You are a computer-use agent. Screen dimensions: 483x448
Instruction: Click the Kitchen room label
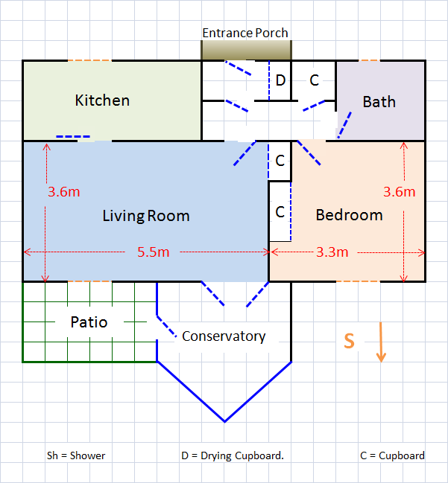point(102,100)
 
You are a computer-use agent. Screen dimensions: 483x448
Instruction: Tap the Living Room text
point(145,217)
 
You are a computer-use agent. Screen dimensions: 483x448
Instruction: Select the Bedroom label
point(349,215)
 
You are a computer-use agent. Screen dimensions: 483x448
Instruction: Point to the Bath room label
point(379,102)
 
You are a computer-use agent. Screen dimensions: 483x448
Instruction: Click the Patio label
point(89,322)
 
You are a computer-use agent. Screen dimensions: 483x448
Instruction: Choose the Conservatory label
point(224,336)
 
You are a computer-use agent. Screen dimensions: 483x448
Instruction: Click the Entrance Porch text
point(245,33)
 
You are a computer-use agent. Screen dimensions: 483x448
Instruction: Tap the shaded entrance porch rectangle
point(246,50)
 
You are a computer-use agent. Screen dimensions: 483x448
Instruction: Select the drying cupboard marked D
point(280,80)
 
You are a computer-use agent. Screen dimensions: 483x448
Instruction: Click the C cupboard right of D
point(314,80)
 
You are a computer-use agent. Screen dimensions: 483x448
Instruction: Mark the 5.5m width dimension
point(153,252)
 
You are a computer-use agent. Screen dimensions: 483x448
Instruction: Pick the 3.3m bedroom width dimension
point(332,252)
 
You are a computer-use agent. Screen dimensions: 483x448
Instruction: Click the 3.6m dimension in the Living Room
point(63,191)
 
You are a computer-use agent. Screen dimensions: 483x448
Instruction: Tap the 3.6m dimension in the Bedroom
point(398,191)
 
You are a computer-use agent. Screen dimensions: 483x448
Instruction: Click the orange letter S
point(348,341)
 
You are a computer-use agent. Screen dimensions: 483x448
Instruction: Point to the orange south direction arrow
point(381,342)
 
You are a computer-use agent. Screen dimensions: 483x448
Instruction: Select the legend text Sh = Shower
point(77,455)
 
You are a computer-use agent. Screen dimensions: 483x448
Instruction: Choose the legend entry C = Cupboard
point(391,455)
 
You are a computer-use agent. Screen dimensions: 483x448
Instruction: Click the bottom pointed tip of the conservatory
point(224,421)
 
